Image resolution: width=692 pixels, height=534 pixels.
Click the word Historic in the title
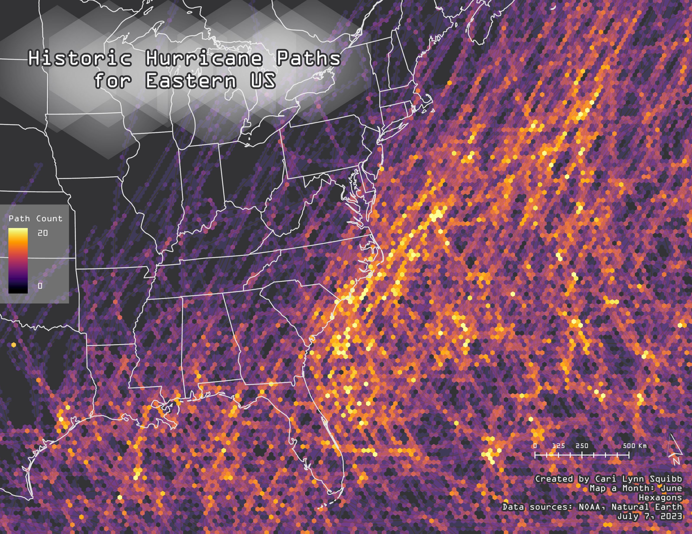(80, 58)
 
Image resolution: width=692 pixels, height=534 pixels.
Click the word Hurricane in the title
(204, 58)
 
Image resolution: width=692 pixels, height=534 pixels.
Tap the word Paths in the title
(308, 58)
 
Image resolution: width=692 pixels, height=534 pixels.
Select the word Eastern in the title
(191, 80)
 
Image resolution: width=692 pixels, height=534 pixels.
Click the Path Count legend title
(36, 218)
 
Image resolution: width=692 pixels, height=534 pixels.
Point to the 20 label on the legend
(42, 233)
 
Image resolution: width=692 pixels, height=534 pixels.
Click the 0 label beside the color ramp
(40, 286)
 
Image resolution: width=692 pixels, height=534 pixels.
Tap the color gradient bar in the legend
(18, 260)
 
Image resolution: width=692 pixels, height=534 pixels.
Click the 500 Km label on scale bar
(634, 446)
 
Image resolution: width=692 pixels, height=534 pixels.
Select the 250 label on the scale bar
(582, 446)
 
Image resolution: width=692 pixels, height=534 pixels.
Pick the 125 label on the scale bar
(558, 446)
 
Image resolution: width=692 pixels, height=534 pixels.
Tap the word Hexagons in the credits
(660, 498)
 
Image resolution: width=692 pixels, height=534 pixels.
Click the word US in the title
(263, 80)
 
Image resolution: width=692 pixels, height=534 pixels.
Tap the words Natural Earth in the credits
(646, 507)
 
